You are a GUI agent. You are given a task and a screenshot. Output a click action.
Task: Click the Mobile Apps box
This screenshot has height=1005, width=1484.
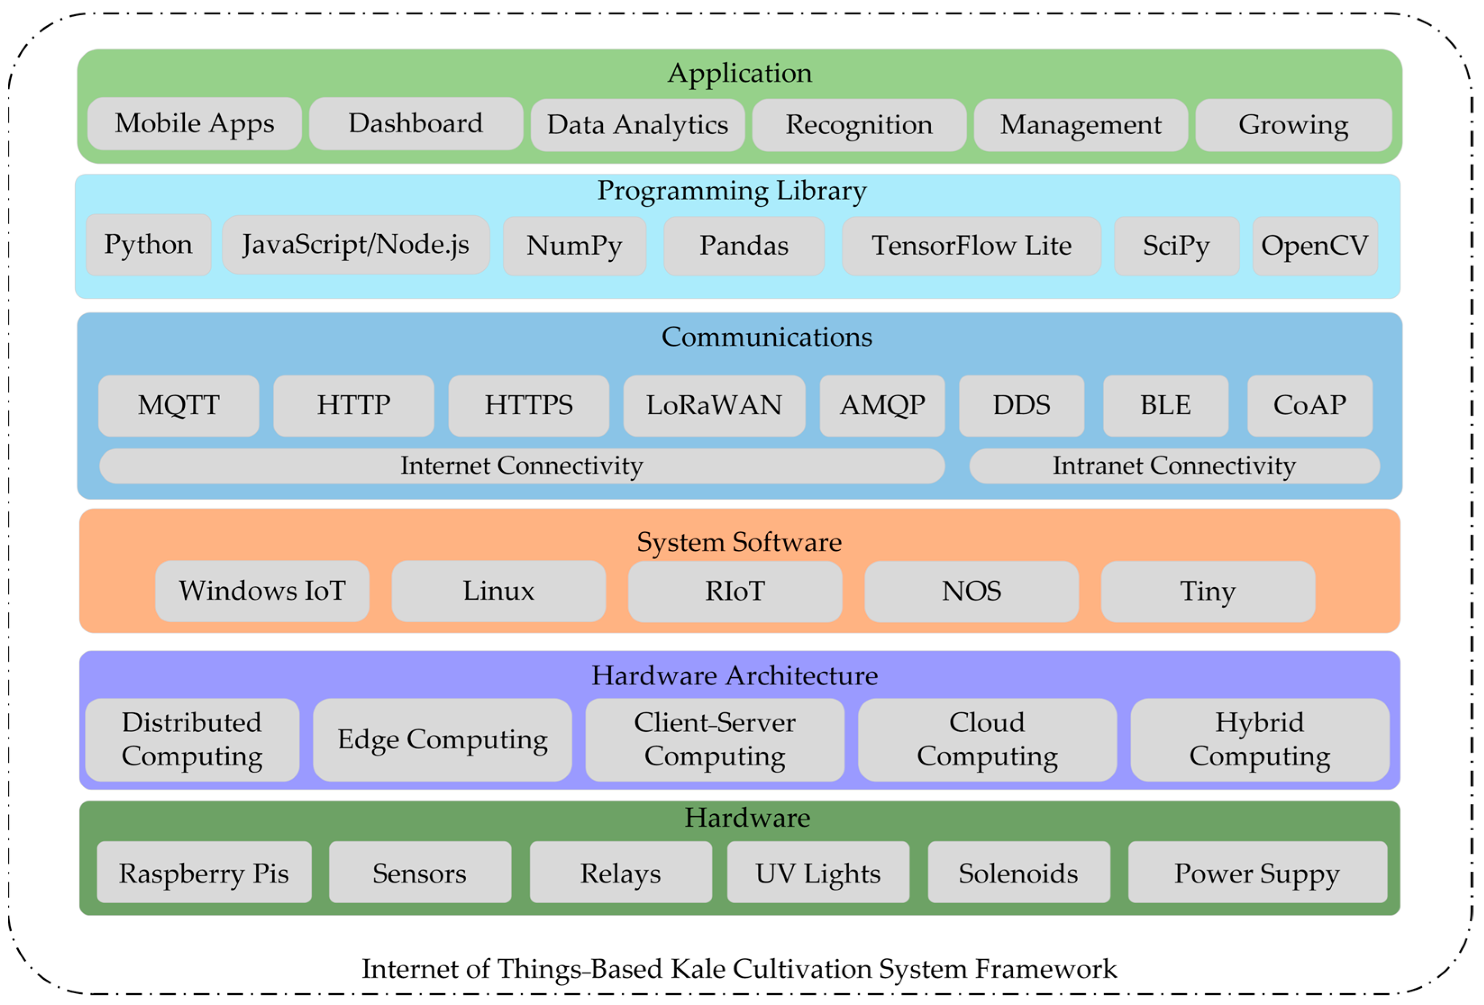click(x=194, y=124)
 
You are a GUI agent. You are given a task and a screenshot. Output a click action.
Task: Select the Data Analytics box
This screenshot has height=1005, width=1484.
click(x=637, y=125)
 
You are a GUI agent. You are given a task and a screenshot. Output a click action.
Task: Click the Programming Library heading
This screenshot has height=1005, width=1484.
click(x=732, y=191)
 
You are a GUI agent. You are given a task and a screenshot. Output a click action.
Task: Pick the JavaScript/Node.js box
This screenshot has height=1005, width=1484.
click(x=355, y=245)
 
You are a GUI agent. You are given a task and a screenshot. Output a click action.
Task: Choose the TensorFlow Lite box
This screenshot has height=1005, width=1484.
click(x=971, y=246)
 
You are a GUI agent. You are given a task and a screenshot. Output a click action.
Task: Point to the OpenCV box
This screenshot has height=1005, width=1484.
click(x=1315, y=246)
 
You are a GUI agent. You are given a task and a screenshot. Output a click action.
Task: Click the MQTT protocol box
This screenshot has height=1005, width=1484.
click(x=179, y=406)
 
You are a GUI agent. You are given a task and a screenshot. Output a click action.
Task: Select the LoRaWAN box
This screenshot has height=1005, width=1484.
click(x=714, y=406)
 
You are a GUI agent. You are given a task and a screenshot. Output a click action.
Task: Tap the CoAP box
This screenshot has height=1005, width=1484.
click(x=1310, y=406)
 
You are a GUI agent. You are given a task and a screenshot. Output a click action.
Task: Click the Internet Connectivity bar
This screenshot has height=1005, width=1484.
click(x=522, y=466)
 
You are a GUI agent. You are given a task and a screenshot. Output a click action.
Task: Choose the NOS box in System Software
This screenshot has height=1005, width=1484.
click(x=971, y=592)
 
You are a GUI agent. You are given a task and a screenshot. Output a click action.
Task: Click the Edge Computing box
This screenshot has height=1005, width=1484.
click(x=442, y=739)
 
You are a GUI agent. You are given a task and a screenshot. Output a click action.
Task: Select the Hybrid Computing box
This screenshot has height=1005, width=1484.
click(x=1259, y=739)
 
